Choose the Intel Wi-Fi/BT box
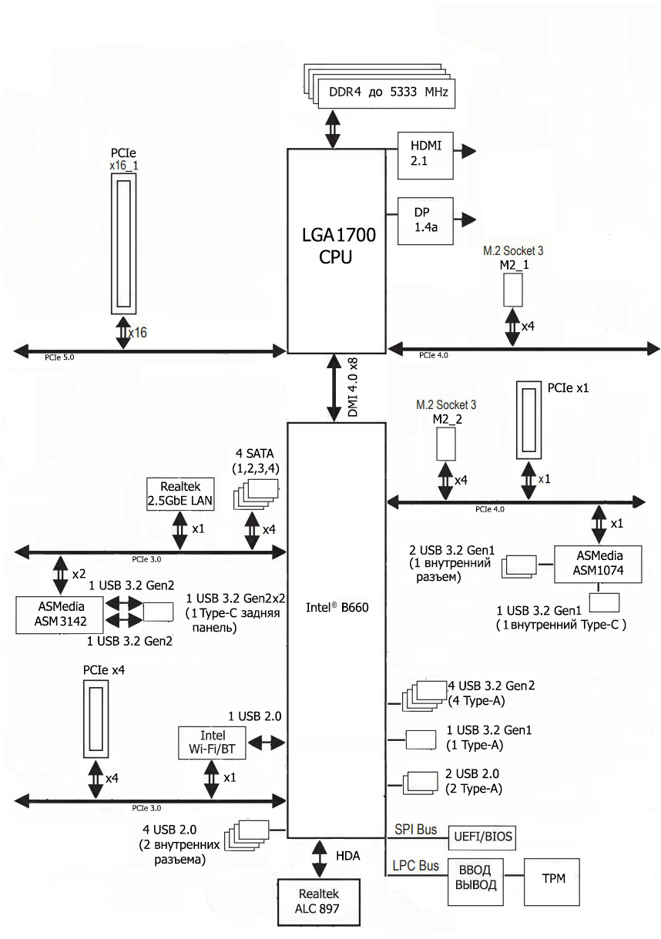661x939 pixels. pyautogui.click(x=212, y=743)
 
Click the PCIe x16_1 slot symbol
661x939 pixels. pyautogui.click(x=124, y=243)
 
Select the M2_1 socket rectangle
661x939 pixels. pyautogui.click(x=514, y=288)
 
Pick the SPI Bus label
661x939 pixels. pyautogui.click(x=415, y=829)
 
